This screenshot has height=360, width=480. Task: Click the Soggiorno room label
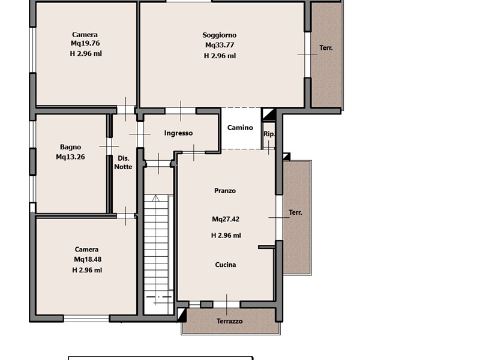[219, 35]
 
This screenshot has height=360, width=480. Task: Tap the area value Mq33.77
[220, 45]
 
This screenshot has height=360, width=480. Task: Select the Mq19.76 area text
[85, 43]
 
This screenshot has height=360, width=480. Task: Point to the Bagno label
[70, 147]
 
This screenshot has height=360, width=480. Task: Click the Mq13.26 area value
[70, 157]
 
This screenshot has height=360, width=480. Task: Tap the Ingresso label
[178, 133]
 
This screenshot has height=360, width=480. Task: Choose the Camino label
[240, 128]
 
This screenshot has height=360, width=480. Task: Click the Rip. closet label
[269, 134]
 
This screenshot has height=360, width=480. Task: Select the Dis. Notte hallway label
[123, 163]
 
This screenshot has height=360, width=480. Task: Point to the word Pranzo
[224, 191]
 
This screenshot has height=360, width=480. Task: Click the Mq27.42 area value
[226, 219]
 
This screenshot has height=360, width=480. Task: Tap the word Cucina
[226, 265]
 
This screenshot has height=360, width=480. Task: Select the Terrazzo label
[229, 321]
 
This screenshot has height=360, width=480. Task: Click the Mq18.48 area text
[88, 259]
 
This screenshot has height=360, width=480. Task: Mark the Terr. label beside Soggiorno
[326, 48]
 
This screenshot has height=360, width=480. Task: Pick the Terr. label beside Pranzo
[295, 212]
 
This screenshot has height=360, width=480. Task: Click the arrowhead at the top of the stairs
[156, 198]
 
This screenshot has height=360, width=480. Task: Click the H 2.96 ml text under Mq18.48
[87, 270]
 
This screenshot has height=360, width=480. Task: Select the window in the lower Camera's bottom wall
[86, 319]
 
